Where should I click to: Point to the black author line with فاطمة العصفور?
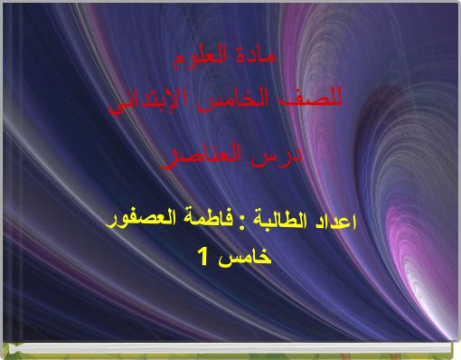[234, 221]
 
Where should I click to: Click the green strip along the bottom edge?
[230, 353]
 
